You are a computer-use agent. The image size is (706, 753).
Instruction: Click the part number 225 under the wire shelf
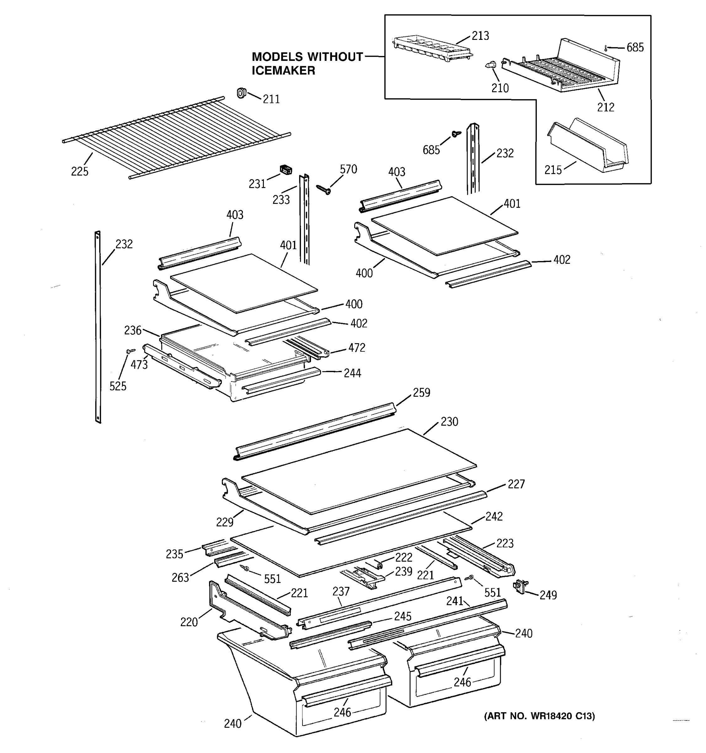tap(79, 172)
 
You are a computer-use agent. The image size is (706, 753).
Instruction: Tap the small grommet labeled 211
tap(241, 93)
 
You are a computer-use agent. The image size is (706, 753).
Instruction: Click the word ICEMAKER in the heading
tap(283, 71)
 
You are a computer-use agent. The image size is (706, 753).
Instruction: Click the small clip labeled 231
tap(286, 170)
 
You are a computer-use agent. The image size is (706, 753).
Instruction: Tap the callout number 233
tap(281, 200)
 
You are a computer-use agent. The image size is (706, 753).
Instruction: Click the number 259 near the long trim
tap(421, 393)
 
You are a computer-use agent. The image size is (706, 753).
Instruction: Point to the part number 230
tap(449, 422)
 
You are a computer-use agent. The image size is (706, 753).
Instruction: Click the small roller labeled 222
tap(379, 565)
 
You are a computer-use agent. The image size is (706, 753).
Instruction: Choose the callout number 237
tap(341, 591)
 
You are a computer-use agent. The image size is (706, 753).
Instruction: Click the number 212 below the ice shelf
tap(605, 108)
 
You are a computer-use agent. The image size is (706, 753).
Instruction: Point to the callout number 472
tap(357, 348)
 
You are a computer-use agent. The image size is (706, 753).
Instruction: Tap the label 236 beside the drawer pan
tap(132, 330)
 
